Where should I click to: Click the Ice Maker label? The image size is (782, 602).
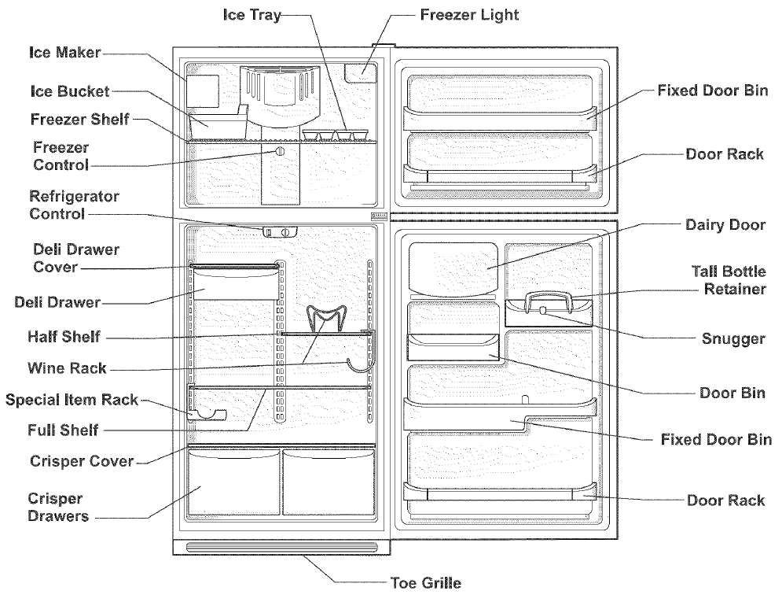click(64, 54)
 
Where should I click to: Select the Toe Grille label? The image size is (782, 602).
click(425, 583)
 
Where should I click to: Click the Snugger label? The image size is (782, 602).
click(732, 339)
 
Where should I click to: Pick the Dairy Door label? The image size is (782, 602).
click(724, 225)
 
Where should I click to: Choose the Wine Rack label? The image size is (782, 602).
click(66, 368)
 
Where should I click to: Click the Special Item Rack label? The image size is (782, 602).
click(72, 400)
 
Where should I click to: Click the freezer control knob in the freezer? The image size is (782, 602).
click(279, 153)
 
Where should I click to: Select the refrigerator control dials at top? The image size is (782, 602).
click(280, 232)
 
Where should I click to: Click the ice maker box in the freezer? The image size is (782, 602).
click(202, 90)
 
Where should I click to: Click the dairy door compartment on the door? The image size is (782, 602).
click(453, 266)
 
